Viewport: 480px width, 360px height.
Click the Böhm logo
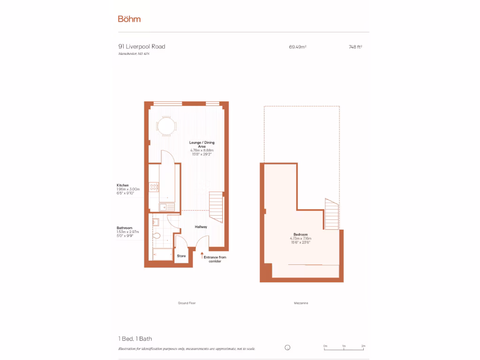129,19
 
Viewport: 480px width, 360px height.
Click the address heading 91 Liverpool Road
142,46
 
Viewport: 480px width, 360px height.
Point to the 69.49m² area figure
298,47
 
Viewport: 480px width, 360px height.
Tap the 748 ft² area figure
355,47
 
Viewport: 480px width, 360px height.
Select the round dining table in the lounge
166,126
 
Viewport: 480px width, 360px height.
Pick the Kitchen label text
123,186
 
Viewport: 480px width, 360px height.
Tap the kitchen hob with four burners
154,186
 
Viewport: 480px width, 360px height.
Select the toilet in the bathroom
157,235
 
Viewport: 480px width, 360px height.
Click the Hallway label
201,227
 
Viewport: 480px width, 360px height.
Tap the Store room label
181,256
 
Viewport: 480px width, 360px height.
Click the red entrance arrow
202,256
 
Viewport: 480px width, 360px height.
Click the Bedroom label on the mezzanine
300,234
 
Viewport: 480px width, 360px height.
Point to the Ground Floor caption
187,303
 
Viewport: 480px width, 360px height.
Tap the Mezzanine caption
301,303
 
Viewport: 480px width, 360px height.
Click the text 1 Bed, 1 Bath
135,338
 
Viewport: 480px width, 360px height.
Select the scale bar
344,349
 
